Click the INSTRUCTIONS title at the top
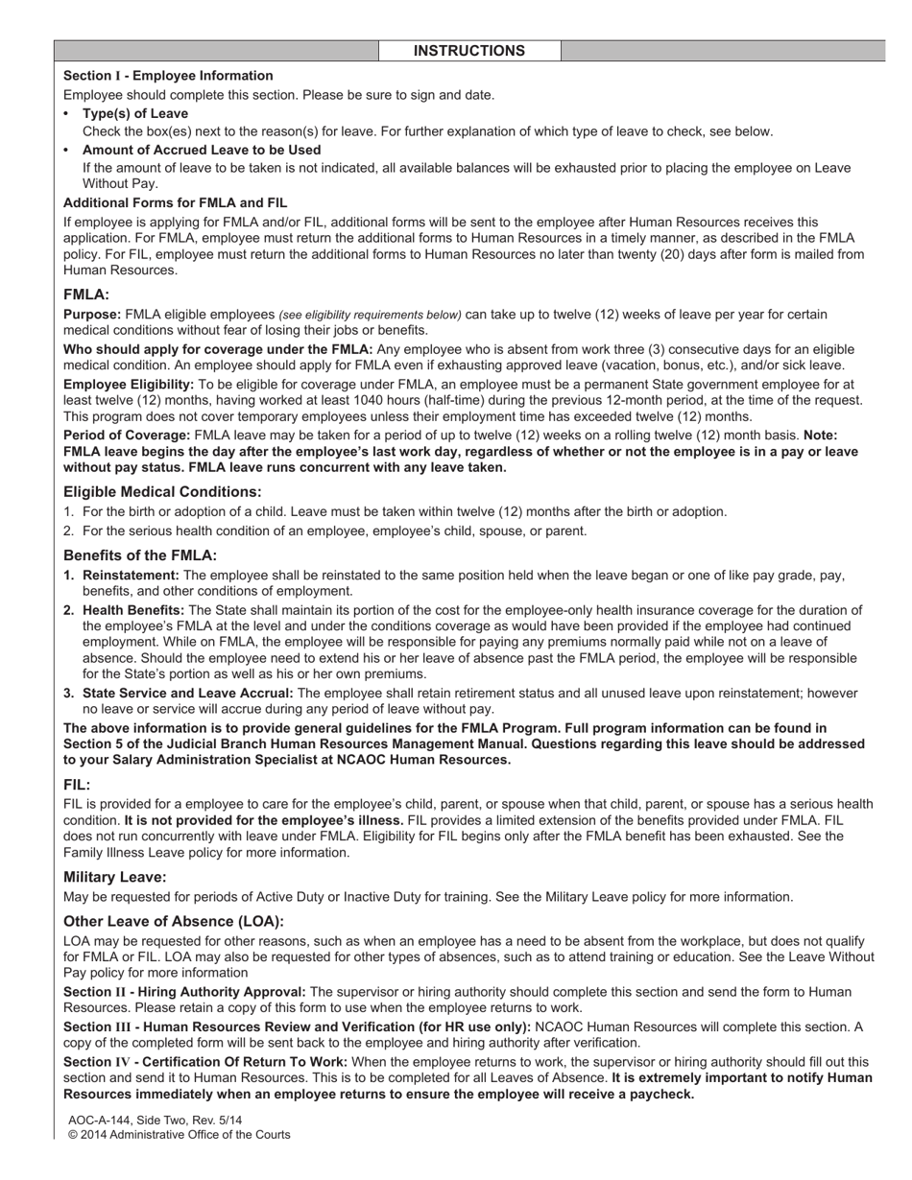[468, 51]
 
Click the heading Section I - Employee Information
[168, 76]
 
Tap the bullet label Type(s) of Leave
[134, 113]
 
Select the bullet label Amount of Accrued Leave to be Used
[201, 150]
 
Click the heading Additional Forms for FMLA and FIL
[175, 202]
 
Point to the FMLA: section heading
[86, 295]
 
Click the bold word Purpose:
[92, 315]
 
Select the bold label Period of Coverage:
[127, 435]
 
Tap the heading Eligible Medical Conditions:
[162, 491]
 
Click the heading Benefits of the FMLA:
[140, 555]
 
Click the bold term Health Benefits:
[133, 610]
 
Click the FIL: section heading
[77, 784]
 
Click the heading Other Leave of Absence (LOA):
[174, 921]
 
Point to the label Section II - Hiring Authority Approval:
[184, 992]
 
